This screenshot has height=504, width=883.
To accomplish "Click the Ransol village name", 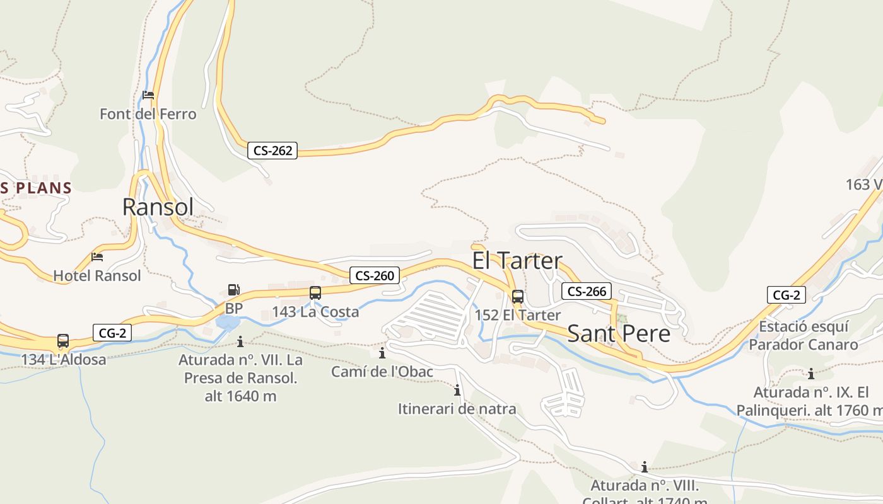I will [158, 207].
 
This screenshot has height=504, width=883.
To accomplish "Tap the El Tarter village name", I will [517, 261].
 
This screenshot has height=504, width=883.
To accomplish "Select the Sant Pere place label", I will [619, 333].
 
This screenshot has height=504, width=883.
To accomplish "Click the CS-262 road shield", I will [272, 151].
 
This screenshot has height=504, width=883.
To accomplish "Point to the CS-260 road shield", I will [375, 275].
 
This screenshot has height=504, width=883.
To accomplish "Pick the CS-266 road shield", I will [587, 291].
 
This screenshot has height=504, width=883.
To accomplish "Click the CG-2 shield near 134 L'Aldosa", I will [112, 333].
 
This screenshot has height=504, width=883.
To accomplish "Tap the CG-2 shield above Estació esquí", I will [787, 295].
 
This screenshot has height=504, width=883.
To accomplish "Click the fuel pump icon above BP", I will [234, 290].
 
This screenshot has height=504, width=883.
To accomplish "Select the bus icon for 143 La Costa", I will [315, 293].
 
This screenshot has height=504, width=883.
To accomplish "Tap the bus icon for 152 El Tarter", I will [518, 297].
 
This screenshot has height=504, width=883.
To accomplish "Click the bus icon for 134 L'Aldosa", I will [63, 341].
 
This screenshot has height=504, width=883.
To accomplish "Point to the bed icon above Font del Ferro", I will [148, 95].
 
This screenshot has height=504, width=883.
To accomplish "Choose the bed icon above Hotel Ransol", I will [97, 256].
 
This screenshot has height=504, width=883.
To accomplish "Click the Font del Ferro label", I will [148, 114].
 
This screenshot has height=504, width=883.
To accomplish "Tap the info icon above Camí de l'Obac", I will [382, 353].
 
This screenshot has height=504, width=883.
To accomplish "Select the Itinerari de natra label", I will [457, 409].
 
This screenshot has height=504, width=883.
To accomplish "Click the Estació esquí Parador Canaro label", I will [803, 336].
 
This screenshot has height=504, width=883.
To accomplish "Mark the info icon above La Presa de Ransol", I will [240, 341].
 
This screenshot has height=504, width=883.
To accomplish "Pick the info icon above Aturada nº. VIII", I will [645, 467].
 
